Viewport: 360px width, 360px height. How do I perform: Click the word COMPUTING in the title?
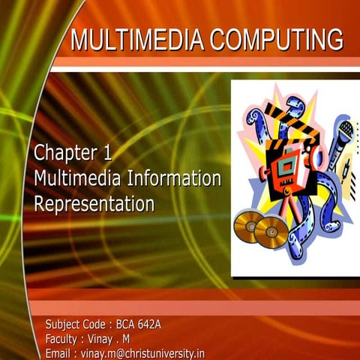click(275, 39)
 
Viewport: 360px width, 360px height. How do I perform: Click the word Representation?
click(94, 203)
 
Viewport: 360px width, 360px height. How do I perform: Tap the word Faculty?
click(64, 339)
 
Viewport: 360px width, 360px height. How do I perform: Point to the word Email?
click(60, 353)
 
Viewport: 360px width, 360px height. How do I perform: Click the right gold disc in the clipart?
click(270, 232)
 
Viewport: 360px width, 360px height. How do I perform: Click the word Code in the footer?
click(96, 325)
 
